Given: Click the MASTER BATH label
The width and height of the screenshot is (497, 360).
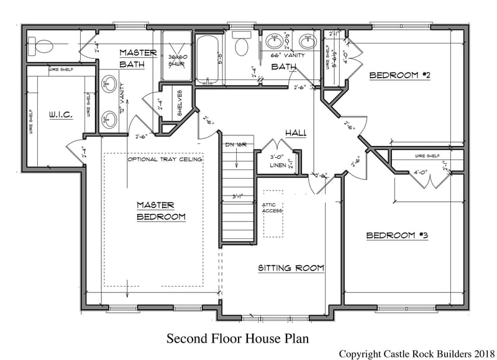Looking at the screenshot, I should coord(138,58).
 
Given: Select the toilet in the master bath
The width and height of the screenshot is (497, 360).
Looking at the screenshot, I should coord(42,45).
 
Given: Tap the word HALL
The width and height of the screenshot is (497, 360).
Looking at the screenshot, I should coord(294,133).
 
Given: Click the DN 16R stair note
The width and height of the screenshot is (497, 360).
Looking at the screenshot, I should coord(236,144).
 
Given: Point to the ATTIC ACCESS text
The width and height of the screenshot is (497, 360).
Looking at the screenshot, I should coord(273,208).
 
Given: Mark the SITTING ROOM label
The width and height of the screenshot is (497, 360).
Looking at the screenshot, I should coord(291,268).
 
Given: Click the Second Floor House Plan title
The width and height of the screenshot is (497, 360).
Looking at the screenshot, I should coord(237,338).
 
